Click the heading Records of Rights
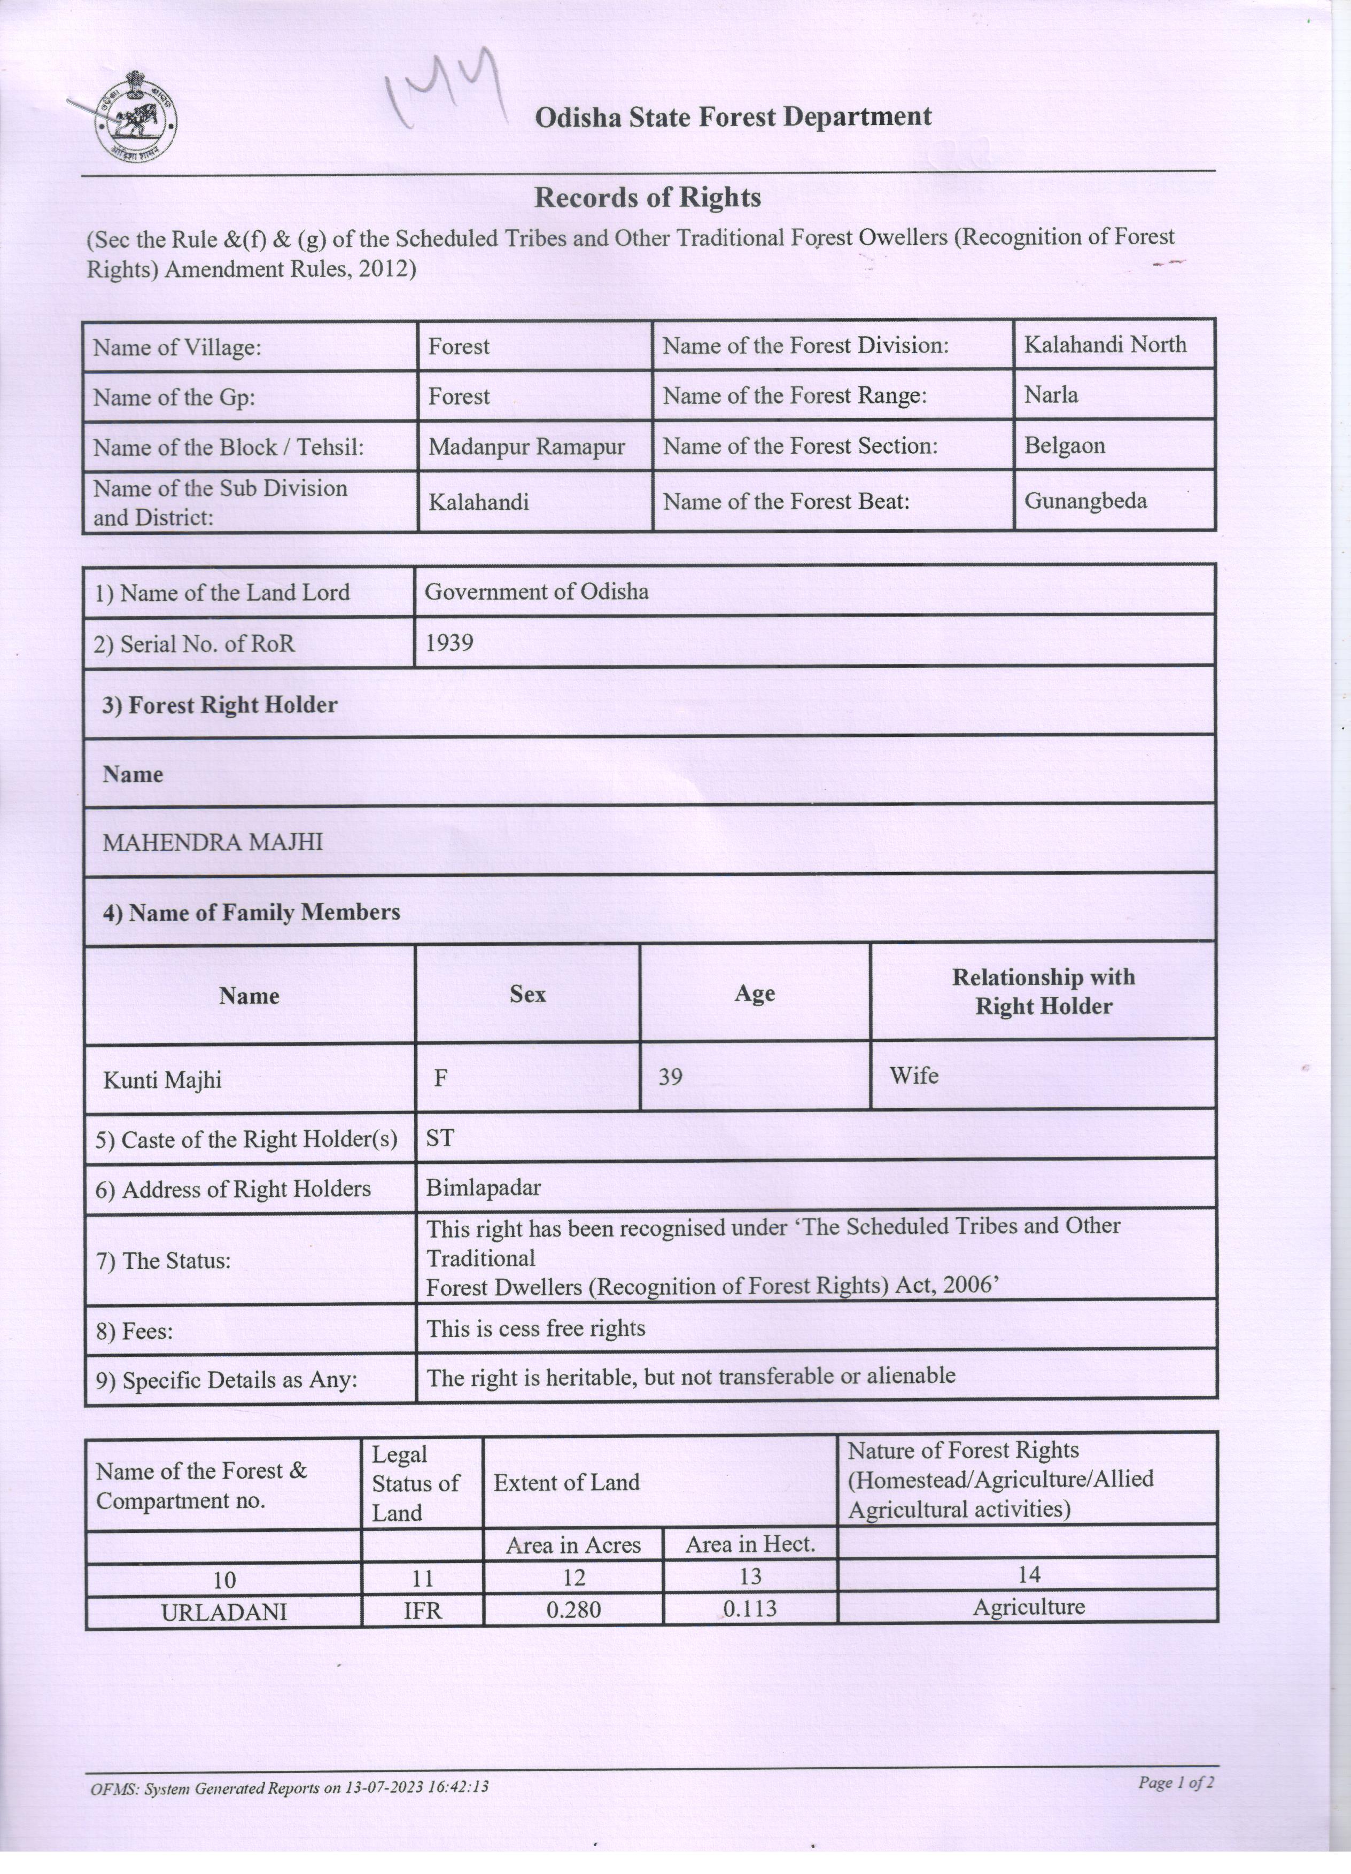point(647,198)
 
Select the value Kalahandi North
point(1105,345)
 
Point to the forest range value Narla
point(1051,395)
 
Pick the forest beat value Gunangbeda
point(1085,501)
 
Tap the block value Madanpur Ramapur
point(526,447)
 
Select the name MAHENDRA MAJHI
point(212,842)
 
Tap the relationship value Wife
point(913,1076)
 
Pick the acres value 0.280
point(573,1609)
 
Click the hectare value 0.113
point(749,1609)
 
